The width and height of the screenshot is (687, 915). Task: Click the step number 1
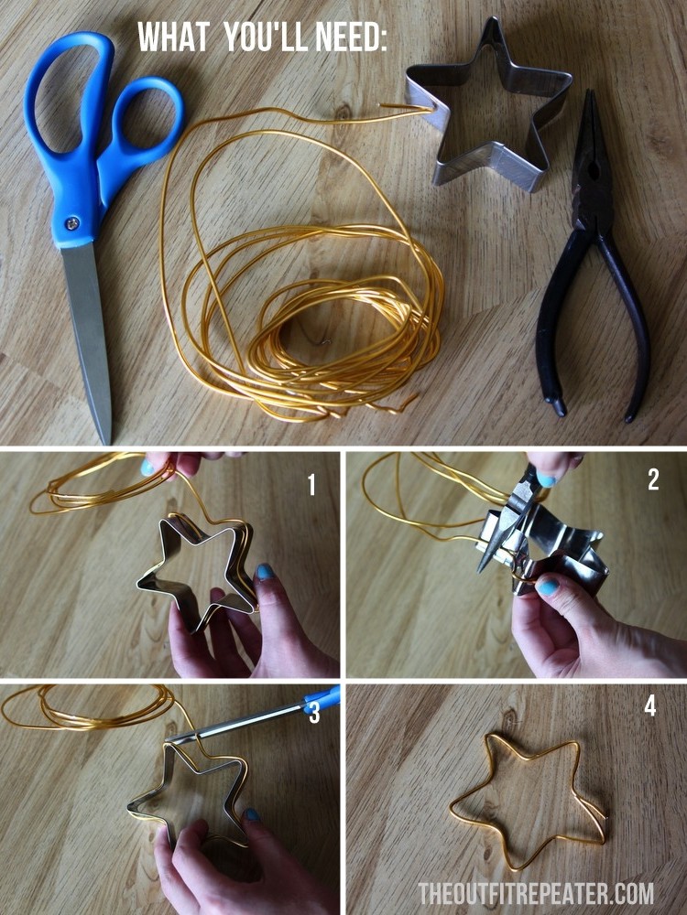tap(311, 485)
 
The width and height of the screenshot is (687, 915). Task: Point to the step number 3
tap(314, 713)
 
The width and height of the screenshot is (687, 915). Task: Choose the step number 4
tap(649, 707)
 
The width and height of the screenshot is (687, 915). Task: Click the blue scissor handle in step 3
tap(322, 701)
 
